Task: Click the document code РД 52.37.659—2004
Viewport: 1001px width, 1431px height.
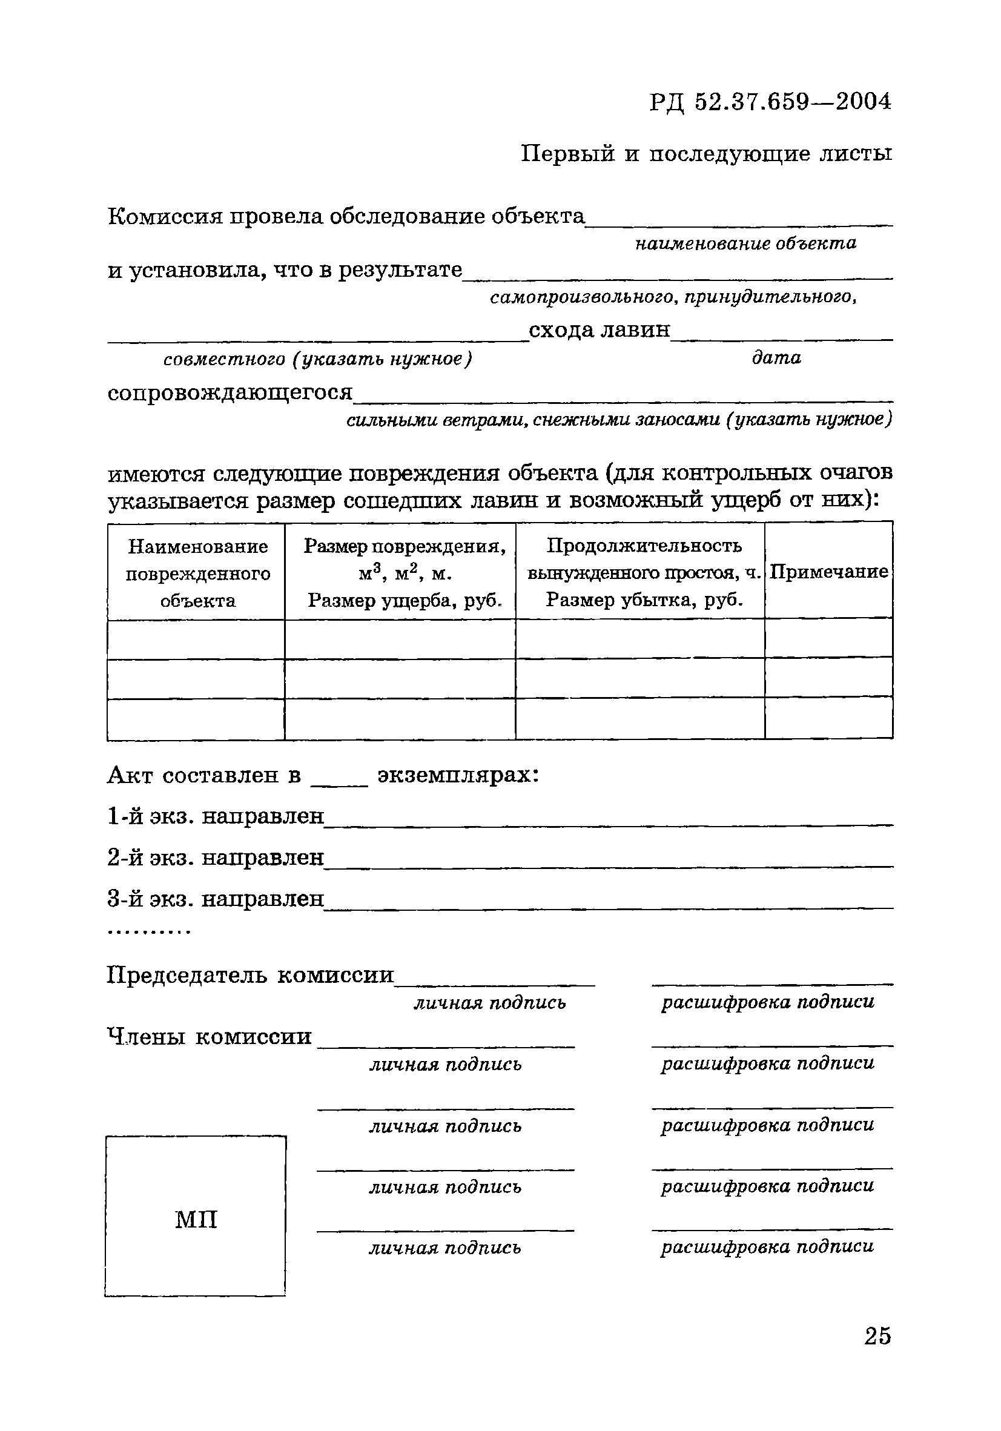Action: pyautogui.click(x=770, y=102)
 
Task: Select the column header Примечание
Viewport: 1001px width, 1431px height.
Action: pyautogui.click(x=828, y=572)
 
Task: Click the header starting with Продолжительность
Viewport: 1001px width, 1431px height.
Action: pyautogui.click(x=644, y=572)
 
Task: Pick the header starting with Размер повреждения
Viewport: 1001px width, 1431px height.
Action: pyautogui.click(x=405, y=573)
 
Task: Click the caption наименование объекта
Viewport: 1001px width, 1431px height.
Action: pyautogui.click(x=745, y=243)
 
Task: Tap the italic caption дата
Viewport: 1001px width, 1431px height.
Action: pyautogui.click(x=776, y=358)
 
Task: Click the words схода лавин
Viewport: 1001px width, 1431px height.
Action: pyautogui.click(x=599, y=329)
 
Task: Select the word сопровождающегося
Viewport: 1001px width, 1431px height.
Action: pyautogui.click(x=230, y=392)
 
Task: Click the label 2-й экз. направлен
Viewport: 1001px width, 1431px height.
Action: pyautogui.click(x=216, y=858)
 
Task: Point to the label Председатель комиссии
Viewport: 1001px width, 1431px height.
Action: pyautogui.click(x=250, y=974)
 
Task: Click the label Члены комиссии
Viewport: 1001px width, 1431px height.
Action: pyautogui.click(x=210, y=1036)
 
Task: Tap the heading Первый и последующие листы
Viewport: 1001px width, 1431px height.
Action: pyautogui.click(x=705, y=153)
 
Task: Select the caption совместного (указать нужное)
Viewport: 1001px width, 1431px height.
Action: pyautogui.click(x=318, y=360)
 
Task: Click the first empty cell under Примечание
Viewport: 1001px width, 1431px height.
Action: pyautogui.click(x=828, y=638)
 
